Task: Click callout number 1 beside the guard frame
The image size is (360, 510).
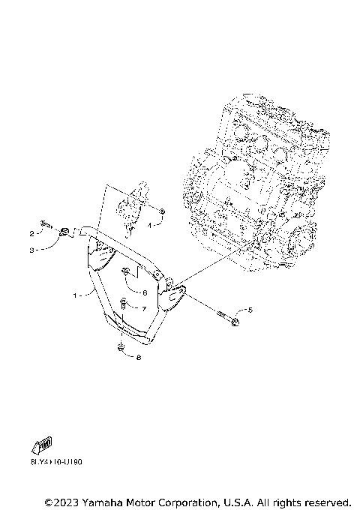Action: pos(76,295)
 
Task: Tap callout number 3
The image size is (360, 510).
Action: pos(32,250)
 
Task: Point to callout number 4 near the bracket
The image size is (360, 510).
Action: pos(150,224)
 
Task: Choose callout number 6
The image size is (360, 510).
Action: pos(144,292)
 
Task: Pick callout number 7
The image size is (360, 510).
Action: pos(144,308)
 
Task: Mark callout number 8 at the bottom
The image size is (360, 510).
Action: pos(138,358)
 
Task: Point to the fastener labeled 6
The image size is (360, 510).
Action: pos(127,271)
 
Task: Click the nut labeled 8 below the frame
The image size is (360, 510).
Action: pos(120,347)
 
